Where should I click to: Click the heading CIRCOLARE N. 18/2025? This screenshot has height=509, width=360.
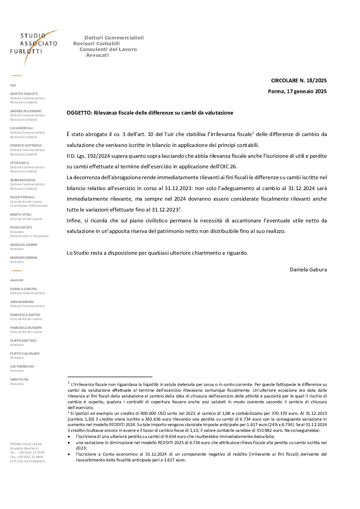click(298, 81)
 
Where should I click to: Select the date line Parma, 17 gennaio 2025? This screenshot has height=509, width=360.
click(297, 91)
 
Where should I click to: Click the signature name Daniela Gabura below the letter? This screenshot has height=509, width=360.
click(308, 270)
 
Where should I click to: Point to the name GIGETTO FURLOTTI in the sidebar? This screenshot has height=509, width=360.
click(24, 94)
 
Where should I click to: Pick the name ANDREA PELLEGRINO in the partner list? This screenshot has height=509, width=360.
click(26, 111)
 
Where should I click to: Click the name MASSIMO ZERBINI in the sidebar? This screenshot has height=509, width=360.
click(24, 258)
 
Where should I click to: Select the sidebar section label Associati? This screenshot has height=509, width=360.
click(17, 280)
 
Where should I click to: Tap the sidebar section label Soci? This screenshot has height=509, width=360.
click(13, 85)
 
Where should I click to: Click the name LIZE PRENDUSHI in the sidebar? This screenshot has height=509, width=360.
click(22, 367)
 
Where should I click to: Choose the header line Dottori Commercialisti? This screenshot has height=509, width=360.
click(114, 38)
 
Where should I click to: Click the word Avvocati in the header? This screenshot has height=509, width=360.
click(97, 55)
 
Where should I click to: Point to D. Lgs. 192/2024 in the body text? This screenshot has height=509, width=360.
click(89, 156)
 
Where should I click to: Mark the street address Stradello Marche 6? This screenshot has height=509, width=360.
click(24, 448)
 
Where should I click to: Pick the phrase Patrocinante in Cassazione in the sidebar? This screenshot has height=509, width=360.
click(29, 236)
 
